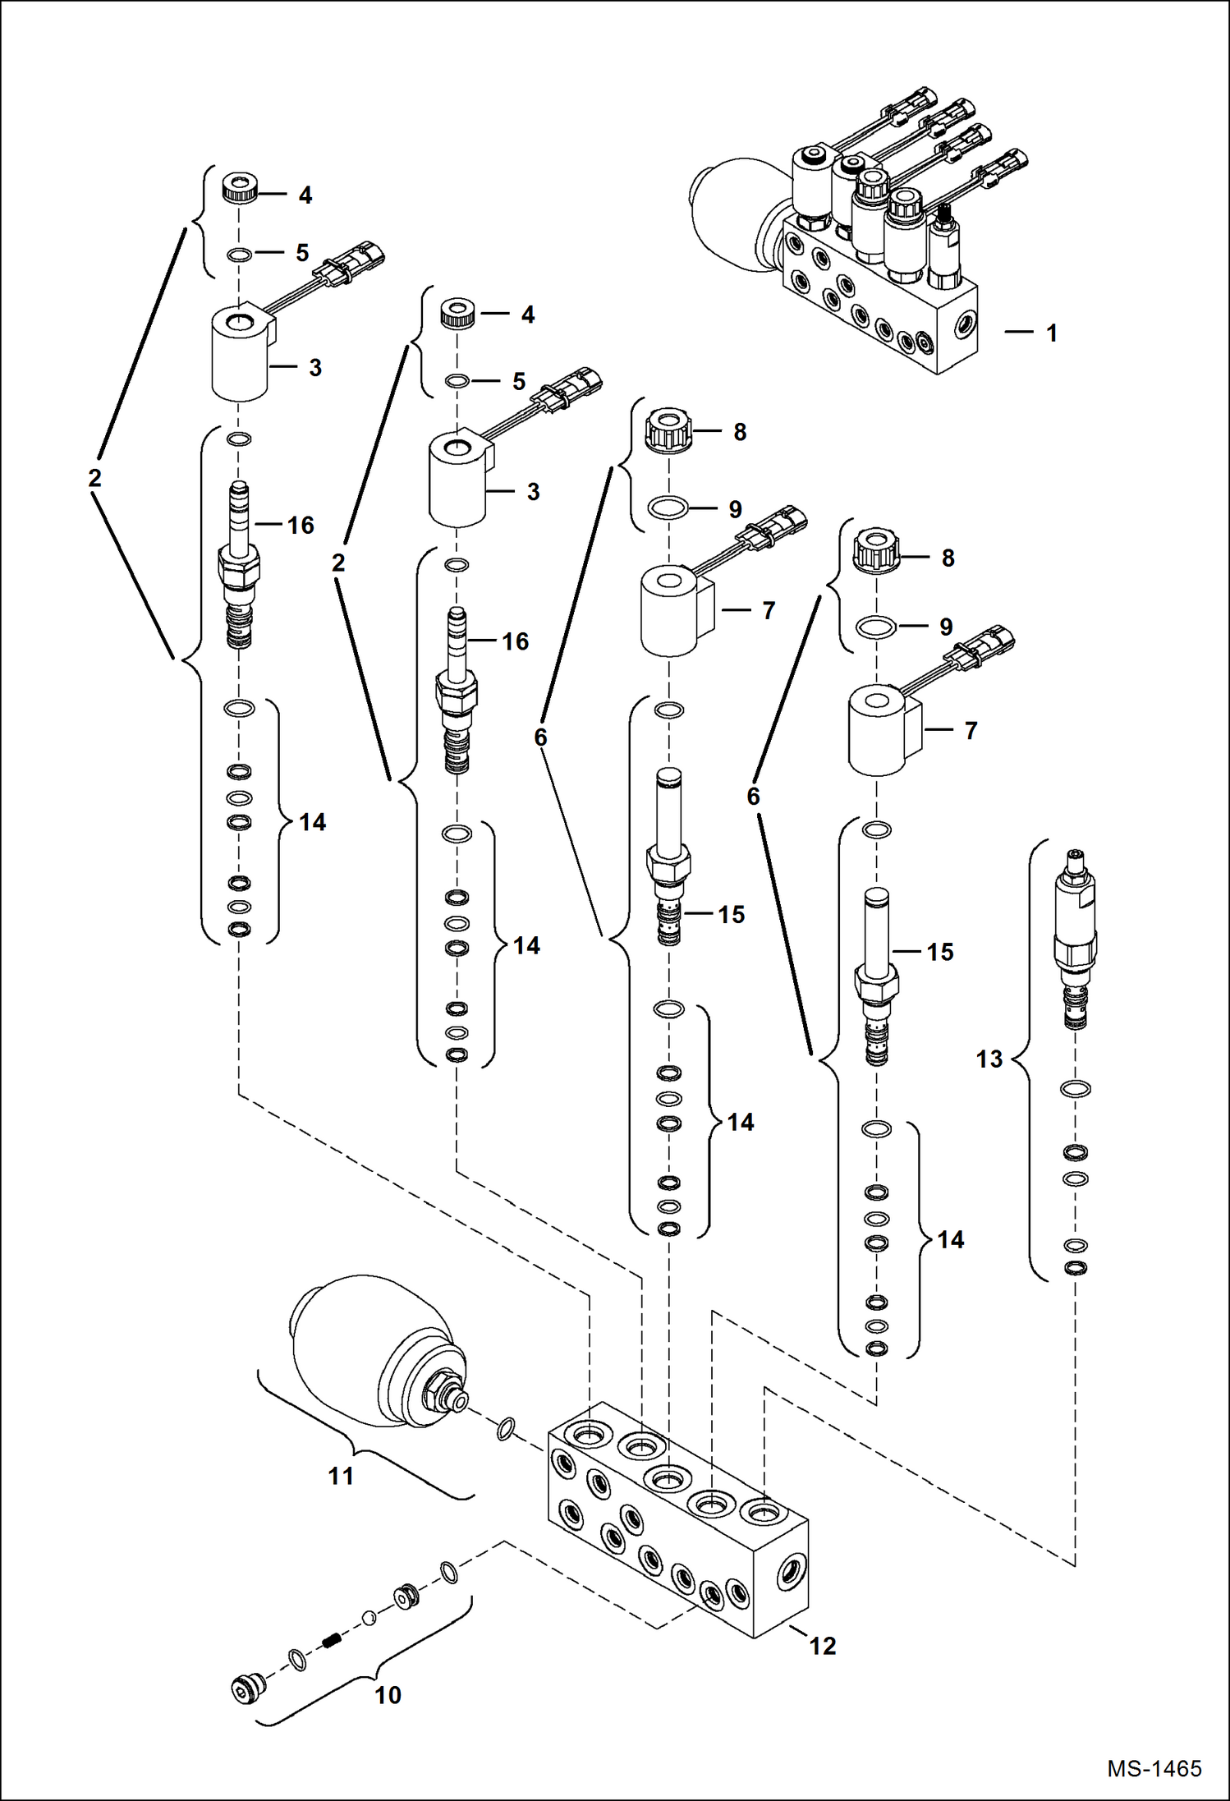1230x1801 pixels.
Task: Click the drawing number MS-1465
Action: [x=1154, y=1768]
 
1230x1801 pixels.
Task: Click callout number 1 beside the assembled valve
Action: [x=1051, y=333]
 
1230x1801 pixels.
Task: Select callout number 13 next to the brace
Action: [x=989, y=1059]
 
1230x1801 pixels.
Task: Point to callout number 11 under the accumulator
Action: [x=341, y=1476]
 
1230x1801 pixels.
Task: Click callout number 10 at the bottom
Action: [x=388, y=1694]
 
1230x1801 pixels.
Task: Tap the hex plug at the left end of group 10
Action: [x=248, y=1688]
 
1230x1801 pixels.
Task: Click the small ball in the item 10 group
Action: [x=369, y=1617]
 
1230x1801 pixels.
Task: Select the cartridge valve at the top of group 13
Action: [x=1075, y=936]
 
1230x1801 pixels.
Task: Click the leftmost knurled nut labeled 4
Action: [x=240, y=190]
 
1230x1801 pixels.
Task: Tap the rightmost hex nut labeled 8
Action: [x=878, y=549]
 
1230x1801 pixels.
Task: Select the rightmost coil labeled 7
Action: [x=879, y=731]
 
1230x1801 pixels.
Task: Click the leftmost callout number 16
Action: [x=301, y=526]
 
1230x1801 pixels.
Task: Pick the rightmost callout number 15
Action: [x=940, y=952]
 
